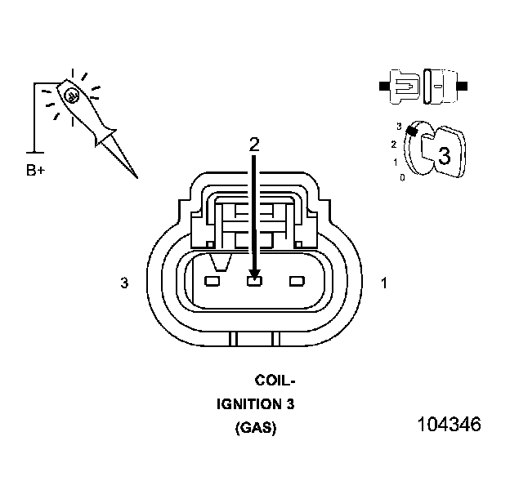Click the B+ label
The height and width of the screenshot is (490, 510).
tap(37, 171)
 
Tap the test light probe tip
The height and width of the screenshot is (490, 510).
tap(136, 176)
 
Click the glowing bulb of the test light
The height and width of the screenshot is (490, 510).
tap(72, 96)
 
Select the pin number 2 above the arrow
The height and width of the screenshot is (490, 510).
tap(254, 144)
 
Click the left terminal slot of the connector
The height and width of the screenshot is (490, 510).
tap(212, 282)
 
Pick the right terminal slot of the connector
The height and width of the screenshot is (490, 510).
tap(297, 282)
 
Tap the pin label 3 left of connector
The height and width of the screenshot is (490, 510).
tap(124, 283)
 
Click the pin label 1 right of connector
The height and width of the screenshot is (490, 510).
tap(384, 283)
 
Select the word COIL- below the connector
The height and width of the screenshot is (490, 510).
tap(275, 381)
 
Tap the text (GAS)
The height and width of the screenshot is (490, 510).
tap(255, 428)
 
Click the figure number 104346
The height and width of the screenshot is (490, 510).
tap(449, 425)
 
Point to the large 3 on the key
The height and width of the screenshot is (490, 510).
tap(444, 156)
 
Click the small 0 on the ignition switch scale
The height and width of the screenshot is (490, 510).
tap(402, 176)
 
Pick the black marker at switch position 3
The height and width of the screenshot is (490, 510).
tap(413, 131)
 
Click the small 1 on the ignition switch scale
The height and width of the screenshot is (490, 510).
tap(396, 162)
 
